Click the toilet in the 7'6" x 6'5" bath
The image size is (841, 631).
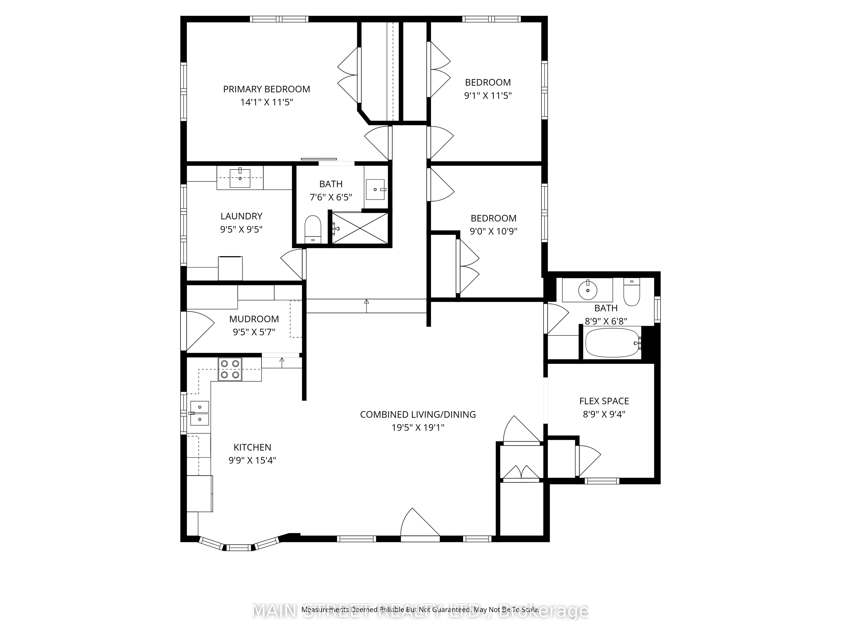tap(313, 229)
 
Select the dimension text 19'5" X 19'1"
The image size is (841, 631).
tap(418, 428)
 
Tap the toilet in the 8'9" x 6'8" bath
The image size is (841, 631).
tap(632, 293)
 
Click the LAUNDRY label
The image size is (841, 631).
tap(241, 216)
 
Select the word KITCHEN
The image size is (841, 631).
tap(252, 447)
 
